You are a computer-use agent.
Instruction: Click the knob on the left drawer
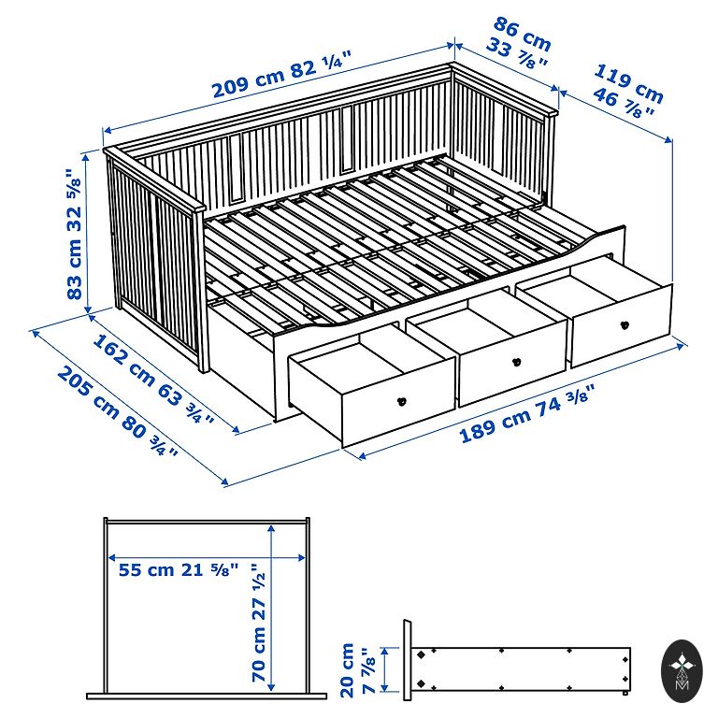[x=402, y=401]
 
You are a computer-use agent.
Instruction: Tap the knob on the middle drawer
[x=517, y=362]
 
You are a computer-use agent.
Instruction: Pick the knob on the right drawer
[x=625, y=325]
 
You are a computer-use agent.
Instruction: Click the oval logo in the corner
[x=682, y=671]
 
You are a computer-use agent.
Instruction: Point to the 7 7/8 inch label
[x=367, y=671]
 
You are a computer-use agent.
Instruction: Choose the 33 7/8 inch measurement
[x=516, y=53]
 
